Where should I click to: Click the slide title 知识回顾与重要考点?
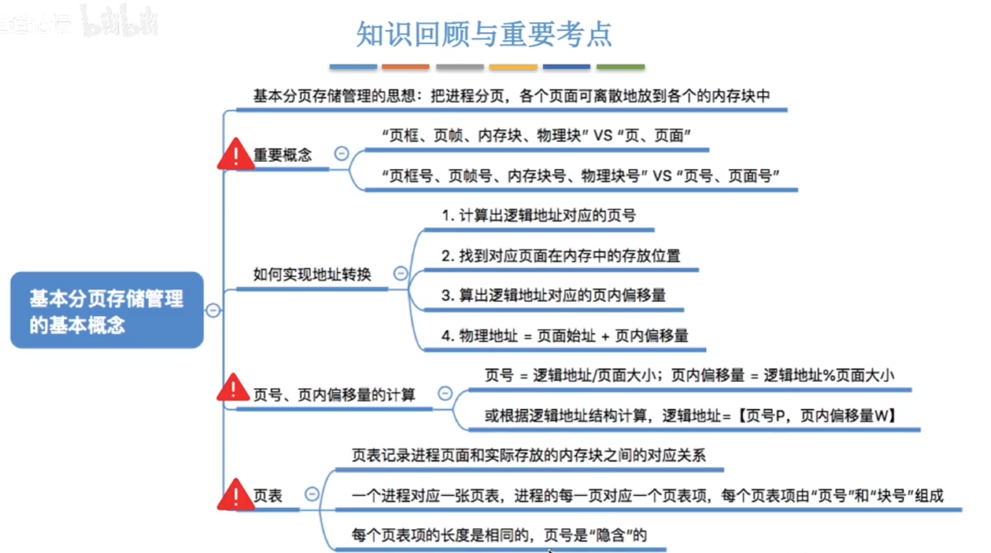pyautogui.click(x=484, y=34)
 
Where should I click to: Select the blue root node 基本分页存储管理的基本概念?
pyautogui.click(x=107, y=310)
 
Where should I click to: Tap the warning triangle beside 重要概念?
pyautogui.click(x=235, y=155)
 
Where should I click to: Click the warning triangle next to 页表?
pyautogui.click(x=235, y=495)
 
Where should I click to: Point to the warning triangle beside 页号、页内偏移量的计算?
pyautogui.click(x=233, y=388)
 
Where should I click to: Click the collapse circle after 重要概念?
pyautogui.click(x=341, y=153)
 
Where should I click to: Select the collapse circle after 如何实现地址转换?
pyautogui.click(x=400, y=273)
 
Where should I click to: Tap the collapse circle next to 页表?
pyautogui.click(x=312, y=494)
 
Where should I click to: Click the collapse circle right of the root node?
pyautogui.click(x=213, y=310)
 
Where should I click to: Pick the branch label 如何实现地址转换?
pyautogui.click(x=312, y=275)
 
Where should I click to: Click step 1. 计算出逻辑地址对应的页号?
pyautogui.click(x=539, y=216)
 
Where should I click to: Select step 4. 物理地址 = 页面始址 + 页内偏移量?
pyautogui.click(x=565, y=335)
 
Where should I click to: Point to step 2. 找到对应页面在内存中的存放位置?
pyautogui.click(x=561, y=256)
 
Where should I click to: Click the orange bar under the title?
pyautogui.click(x=405, y=67)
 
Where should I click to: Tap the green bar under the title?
pyautogui.click(x=620, y=67)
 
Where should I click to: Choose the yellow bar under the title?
pyautogui.click(x=513, y=67)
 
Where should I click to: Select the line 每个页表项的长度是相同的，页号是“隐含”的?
pyautogui.click(x=499, y=535)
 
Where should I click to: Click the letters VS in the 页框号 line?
pyautogui.click(x=662, y=176)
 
